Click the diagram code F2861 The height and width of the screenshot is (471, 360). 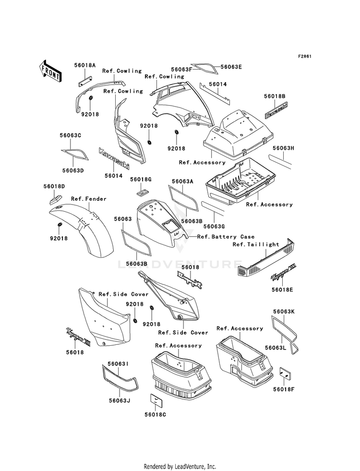coord(305,57)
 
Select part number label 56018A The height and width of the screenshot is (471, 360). coord(84,64)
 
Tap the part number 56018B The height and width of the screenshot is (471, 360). coord(275,97)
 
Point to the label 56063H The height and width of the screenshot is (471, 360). coord(283,149)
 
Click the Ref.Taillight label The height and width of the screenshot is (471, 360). coord(256,244)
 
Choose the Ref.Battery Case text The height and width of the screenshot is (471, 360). coord(226,237)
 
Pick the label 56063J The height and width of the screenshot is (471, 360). coord(120,401)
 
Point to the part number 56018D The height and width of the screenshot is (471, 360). coord(55,186)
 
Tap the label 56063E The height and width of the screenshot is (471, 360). coord(231,67)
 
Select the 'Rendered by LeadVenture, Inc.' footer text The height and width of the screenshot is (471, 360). coord(180,466)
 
